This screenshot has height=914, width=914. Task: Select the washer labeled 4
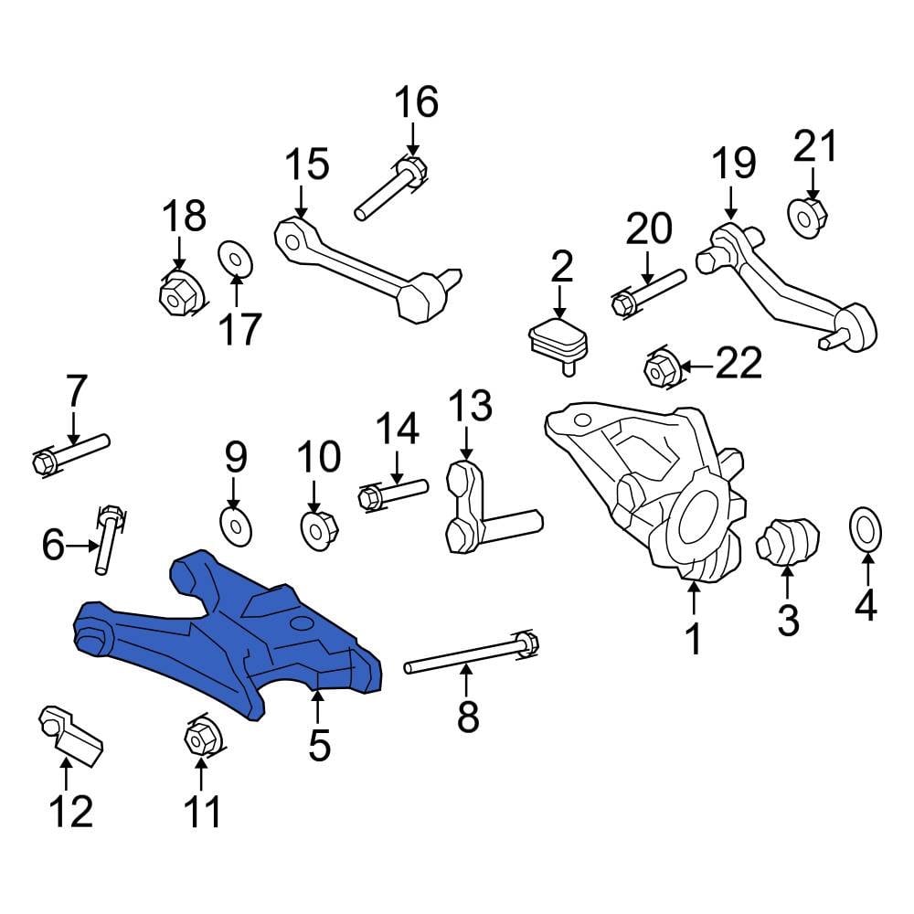pos(865,528)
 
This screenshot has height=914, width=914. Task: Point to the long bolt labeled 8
pos(466,654)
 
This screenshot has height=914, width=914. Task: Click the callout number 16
pos(417,102)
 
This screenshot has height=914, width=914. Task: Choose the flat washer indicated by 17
pos(234,259)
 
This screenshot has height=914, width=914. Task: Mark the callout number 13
pos(469,405)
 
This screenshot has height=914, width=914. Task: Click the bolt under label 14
pos(393,492)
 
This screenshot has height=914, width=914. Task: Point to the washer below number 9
pos(234,525)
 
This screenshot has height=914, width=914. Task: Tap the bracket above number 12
pos(69,731)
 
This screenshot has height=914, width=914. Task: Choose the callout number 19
pos(733,164)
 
